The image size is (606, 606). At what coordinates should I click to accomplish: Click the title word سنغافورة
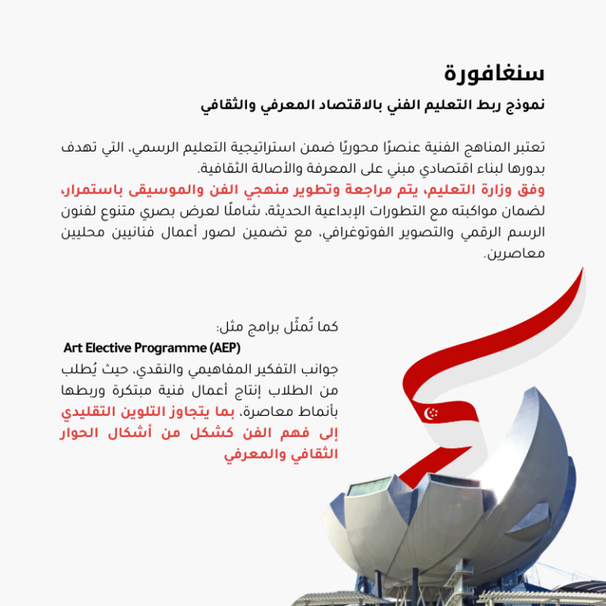[494, 73]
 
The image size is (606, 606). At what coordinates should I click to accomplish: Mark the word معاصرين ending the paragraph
[514, 254]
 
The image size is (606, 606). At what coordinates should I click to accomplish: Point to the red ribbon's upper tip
[582, 272]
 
